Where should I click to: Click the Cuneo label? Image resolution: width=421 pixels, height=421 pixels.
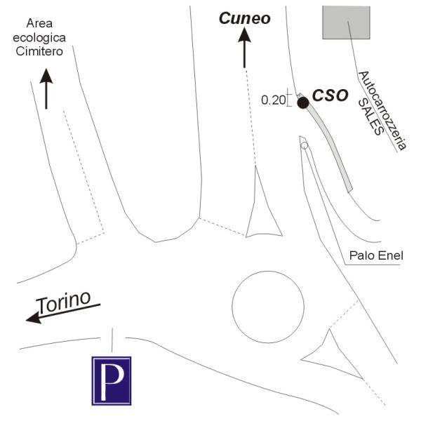tap(245, 18)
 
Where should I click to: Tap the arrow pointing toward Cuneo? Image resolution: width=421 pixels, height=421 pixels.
tap(244, 48)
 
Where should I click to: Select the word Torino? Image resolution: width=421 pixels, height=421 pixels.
tap(63, 301)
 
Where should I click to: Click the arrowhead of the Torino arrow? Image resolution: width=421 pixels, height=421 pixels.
tap(34, 318)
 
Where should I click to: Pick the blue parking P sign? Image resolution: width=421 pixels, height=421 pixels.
tap(112, 381)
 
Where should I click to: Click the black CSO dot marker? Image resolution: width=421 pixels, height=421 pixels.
tap(303, 103)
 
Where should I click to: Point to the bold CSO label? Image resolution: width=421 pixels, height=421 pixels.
tap(330, 95)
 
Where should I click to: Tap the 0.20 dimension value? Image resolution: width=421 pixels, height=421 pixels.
tap(274, 100)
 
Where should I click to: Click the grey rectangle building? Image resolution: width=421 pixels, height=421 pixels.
tap(346, 22)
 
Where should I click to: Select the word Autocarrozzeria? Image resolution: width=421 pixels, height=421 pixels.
tap(382, 111)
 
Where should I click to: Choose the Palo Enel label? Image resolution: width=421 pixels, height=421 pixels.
tap(376, 255)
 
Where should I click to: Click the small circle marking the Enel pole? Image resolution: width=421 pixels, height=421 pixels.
tap(305, 146)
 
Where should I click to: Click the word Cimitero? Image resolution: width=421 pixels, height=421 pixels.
tap(39, 51)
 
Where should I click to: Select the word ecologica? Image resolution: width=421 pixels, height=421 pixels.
tap(39, 38)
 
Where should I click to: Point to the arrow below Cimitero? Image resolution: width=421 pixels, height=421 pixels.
tap(46, 89)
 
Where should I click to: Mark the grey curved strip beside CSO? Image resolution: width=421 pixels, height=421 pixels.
tap(331, 145)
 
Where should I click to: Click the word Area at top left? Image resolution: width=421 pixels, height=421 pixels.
tap(39, 23)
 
